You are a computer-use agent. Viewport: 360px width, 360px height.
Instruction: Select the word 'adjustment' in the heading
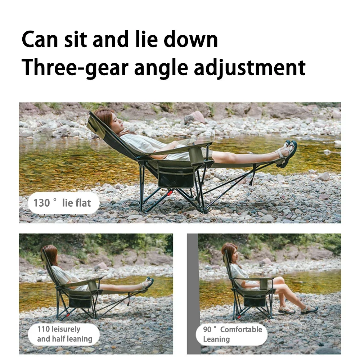(x=250, y=68)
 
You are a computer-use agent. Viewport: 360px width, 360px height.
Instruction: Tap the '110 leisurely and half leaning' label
(x=64, y=334)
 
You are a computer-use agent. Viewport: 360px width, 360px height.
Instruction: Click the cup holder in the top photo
(x=195, y=156)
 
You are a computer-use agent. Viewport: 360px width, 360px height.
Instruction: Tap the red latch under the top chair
(x=170, y=193)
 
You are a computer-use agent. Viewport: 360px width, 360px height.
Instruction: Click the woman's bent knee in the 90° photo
(x=280, y=280)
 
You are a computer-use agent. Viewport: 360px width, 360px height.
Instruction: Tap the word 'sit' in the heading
(x=75, y=39)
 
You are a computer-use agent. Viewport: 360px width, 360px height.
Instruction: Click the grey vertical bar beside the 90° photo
(x=192, y=294)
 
